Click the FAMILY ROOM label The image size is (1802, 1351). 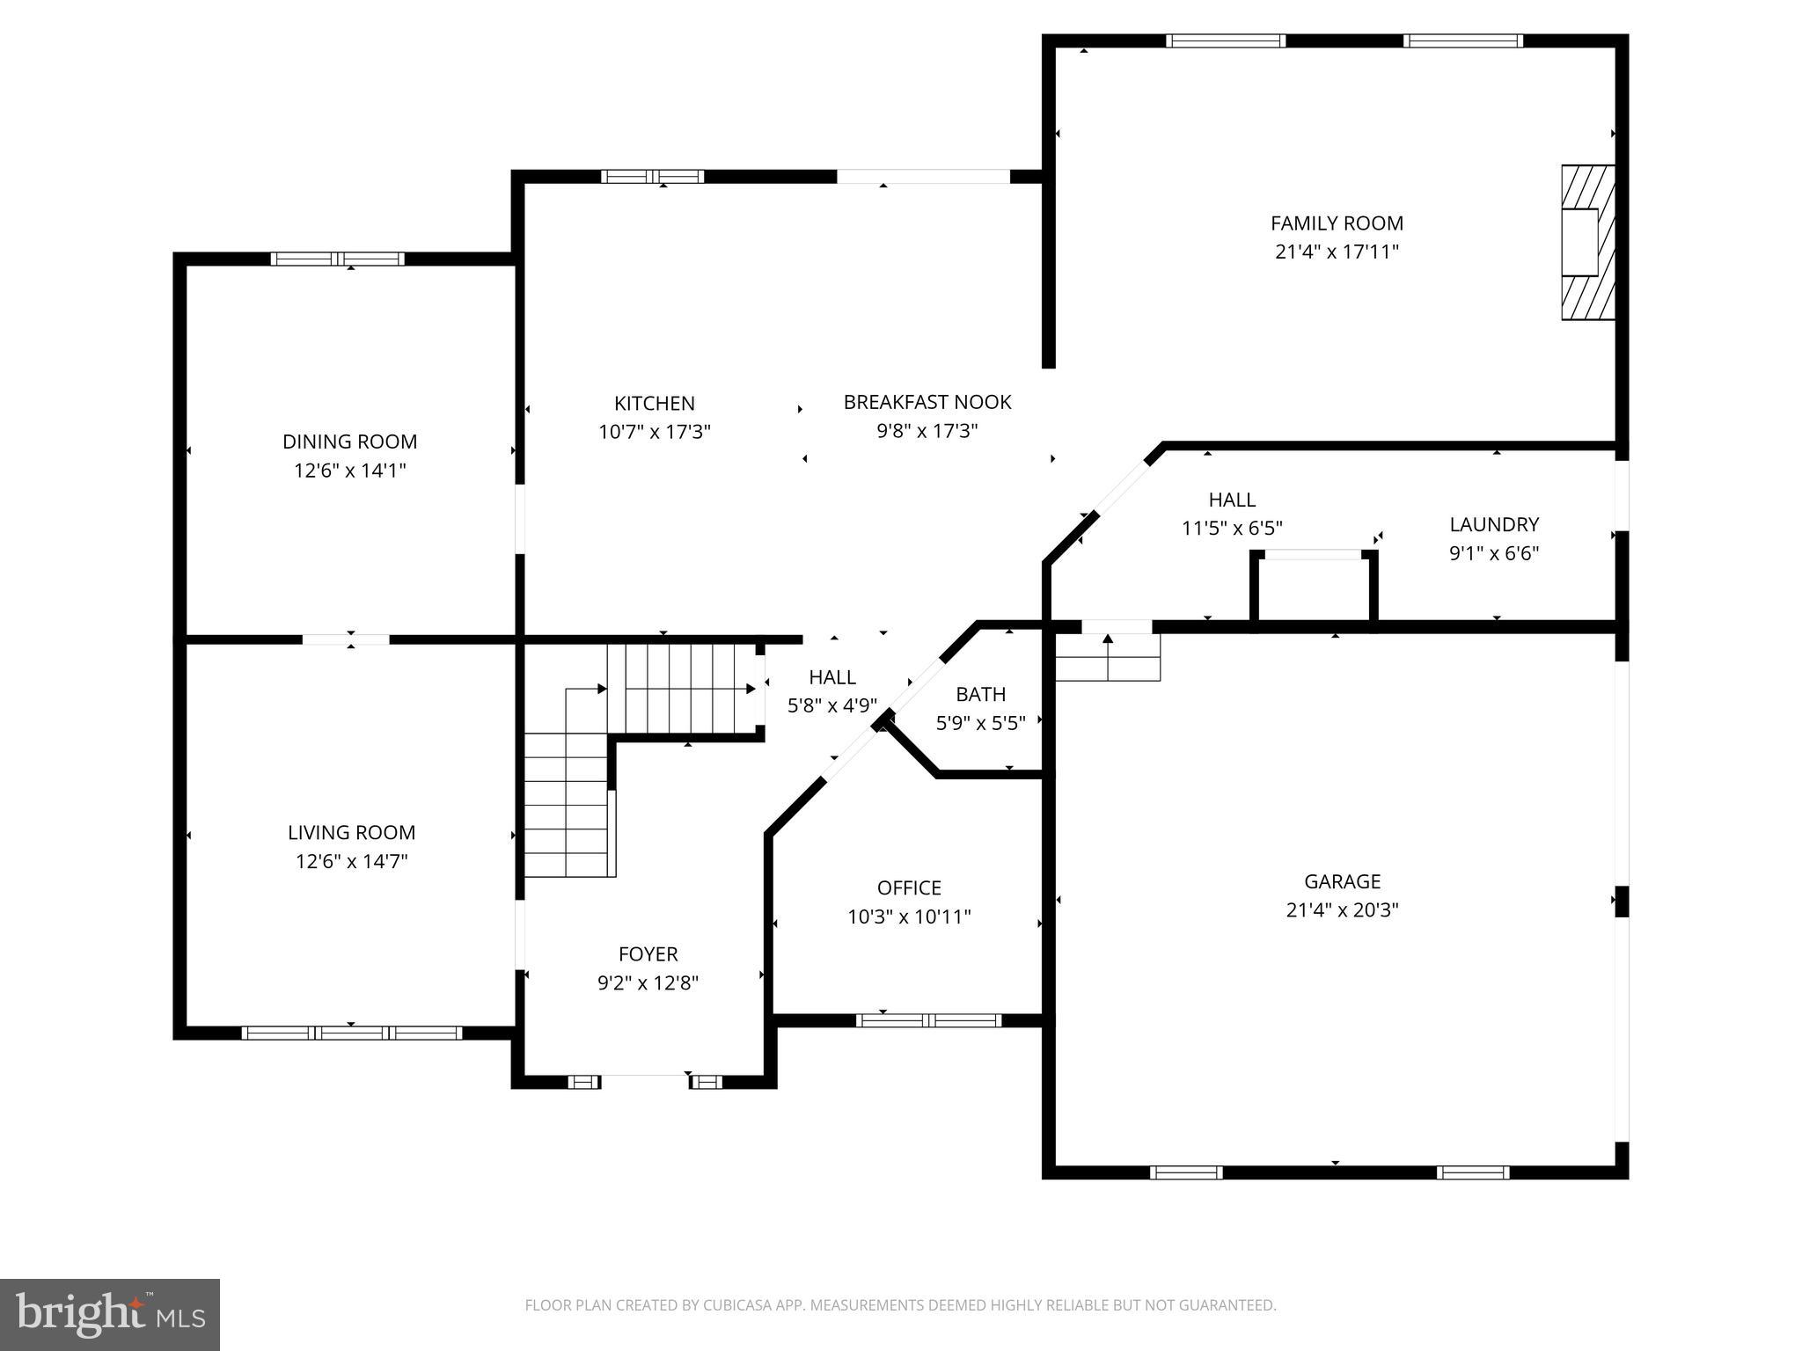(1336, 223)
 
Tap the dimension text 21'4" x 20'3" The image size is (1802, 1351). (1342, 909)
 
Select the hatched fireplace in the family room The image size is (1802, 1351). (1587, 243)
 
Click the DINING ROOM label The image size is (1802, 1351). (349, 442)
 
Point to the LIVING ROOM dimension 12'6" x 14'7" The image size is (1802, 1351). (351, 861)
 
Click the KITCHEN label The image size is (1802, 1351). (654, 404)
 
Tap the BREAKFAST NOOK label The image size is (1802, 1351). (927, 402)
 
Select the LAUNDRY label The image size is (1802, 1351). (1493, 525)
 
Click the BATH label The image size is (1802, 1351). (980, 694)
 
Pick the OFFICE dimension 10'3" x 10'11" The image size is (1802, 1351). (909, 916)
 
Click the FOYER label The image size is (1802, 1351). (648, 954)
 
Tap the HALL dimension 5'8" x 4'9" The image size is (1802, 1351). (831, 705)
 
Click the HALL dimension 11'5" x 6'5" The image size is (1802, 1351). (1231, 529)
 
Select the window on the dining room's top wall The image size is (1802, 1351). (337, 259)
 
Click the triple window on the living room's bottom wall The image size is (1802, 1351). (351, 1033)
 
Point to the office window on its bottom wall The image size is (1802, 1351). (928, 1020)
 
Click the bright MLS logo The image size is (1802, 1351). (110, 1315)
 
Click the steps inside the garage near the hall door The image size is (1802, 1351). (1107, 658)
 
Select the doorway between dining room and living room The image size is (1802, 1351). (346, 639)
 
